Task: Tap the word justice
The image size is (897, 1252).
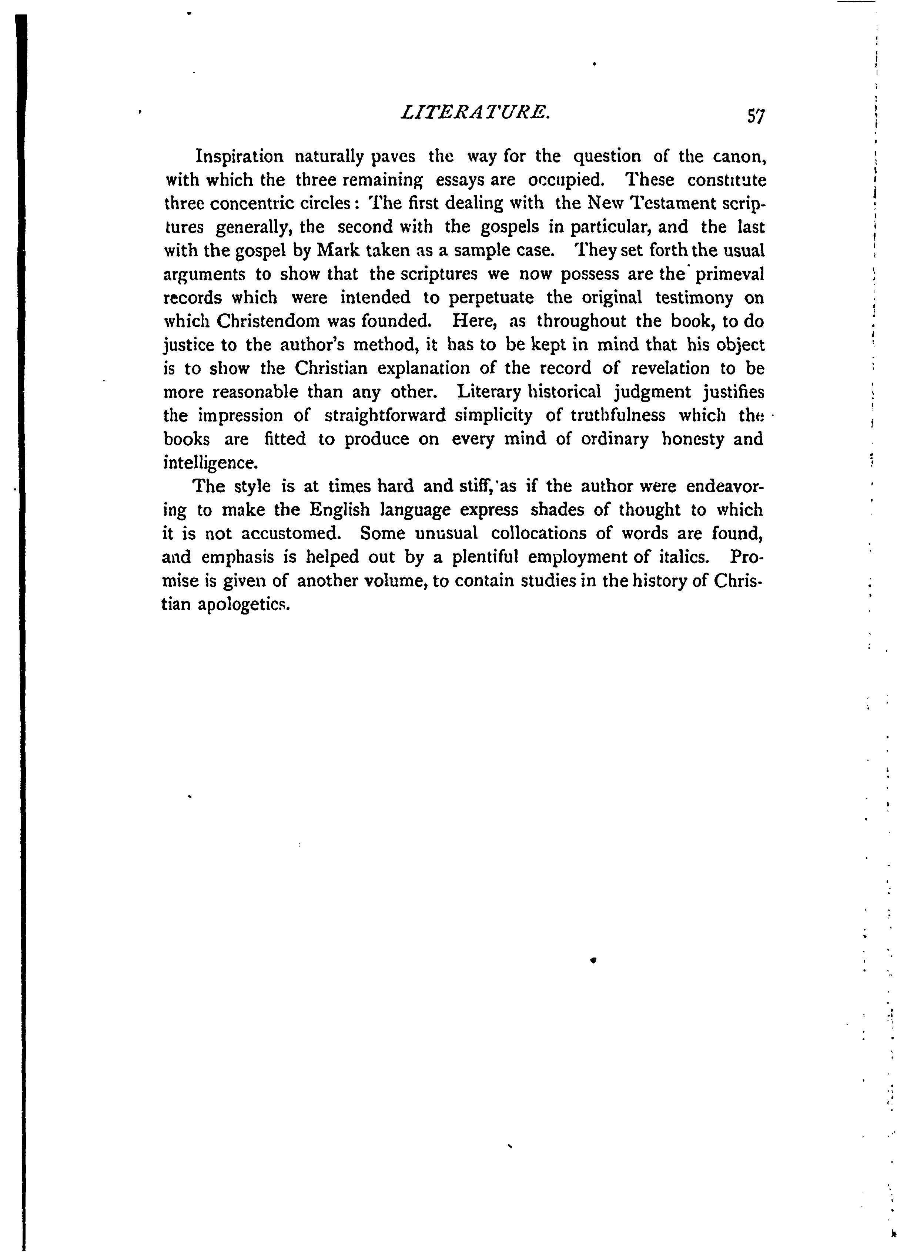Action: click(189, 345)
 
